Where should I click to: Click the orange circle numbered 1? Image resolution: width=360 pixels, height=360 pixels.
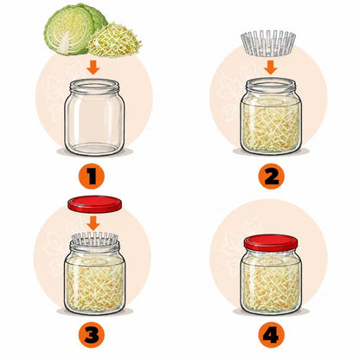92,176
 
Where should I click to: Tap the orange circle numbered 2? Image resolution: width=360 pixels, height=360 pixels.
271,176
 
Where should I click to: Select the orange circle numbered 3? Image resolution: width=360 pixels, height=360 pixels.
92,335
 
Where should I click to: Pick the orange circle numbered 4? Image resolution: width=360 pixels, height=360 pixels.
271,335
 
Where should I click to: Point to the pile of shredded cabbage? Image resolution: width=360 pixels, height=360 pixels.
115,40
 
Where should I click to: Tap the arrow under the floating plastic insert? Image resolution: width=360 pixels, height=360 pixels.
271,67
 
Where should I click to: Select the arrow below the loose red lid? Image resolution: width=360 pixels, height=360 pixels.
93,223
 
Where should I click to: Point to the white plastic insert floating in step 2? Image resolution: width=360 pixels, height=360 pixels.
268,43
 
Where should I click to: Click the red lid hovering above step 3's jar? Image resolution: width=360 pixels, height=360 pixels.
94,204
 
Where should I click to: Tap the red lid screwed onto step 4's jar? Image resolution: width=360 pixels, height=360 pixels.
271,243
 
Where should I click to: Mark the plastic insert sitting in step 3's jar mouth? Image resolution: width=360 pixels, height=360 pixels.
94,239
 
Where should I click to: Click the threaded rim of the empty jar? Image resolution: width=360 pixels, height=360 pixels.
94,87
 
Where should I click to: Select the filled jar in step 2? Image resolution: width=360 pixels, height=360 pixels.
271,116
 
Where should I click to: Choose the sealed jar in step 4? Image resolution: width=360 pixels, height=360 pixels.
271,274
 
